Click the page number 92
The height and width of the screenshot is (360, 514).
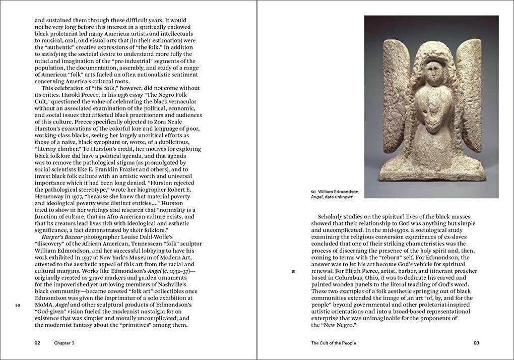tap(37, 343)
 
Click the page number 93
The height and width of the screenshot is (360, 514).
tap(476, 343)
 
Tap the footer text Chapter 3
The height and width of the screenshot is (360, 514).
tap(65, 343)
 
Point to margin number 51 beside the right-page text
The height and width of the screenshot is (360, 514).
tap(294, 272)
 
